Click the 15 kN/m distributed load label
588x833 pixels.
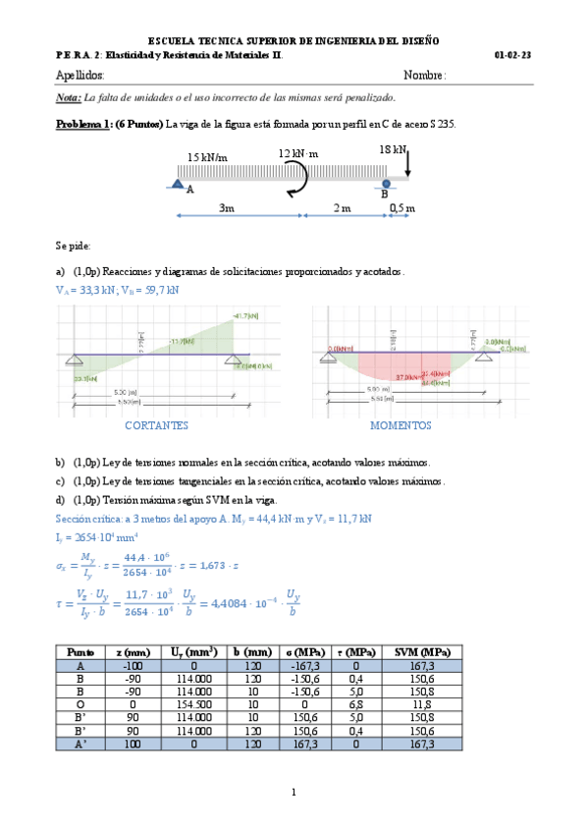pyautogui.click(x=207, y=157)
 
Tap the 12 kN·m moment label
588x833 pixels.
pyautogui.click(x=299, y=154)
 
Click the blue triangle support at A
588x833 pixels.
pyautogui.click(x=178, y=182)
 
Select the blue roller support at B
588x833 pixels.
pyautogui.click(x=387, y=182)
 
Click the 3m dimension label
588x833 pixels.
pyautogui.click(x=226, y=208)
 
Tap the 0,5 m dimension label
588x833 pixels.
pyautogui.click(x=401, y=208)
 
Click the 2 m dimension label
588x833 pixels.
pyautogui.click(x=342, y=208)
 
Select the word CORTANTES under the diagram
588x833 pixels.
pyautogui.click(x=157, y=426)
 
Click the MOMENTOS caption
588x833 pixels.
pyautogui.click(x=401, y=426)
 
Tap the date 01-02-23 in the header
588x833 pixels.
pyautogui.click(x=513, y=56)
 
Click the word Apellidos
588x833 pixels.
pyautogui.click(x=80, y=77)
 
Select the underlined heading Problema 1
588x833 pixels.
pyautogui.click(x=84, y=124)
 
